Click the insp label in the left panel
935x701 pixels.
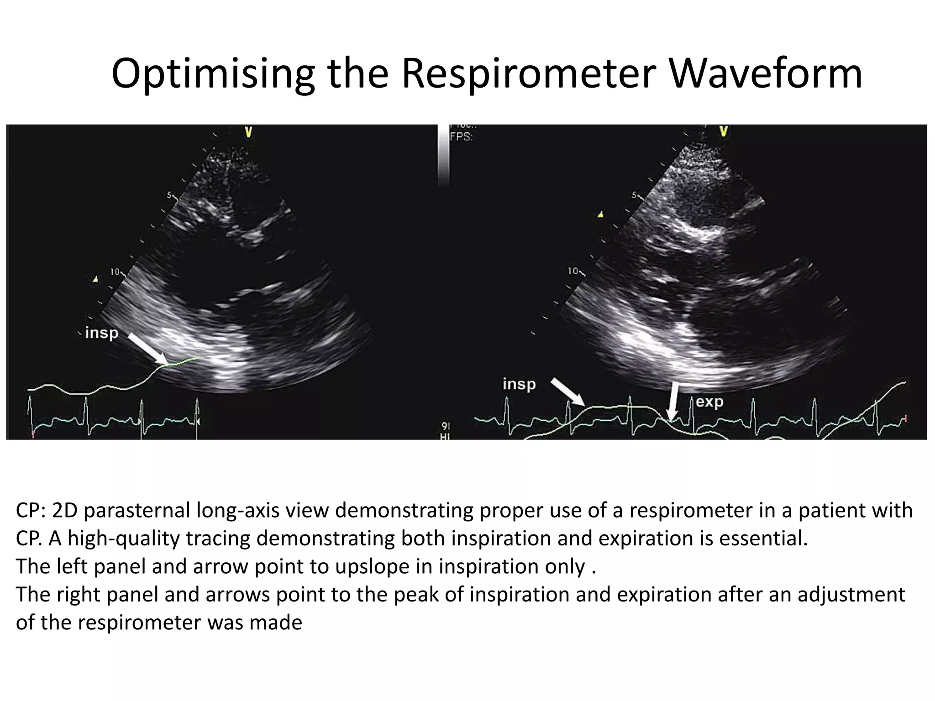pos(101,333)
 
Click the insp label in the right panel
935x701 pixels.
pos(519,384)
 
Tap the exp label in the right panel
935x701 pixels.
pos(709,402)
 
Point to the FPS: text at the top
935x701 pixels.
pos(461,136)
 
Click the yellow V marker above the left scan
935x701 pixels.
pos(248,132)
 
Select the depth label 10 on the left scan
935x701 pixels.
pos(115,272)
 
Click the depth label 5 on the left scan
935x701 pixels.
pos(168,195)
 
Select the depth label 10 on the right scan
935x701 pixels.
pos(573,271)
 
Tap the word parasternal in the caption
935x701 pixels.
pos(137,510)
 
